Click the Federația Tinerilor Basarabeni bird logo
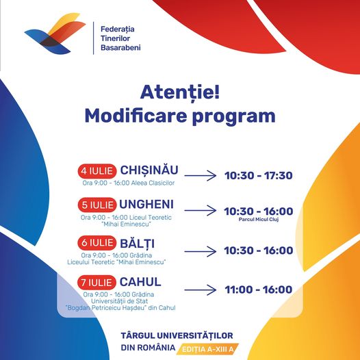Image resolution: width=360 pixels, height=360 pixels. point(55,34)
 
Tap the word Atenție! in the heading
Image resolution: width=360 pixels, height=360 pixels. point(180,93)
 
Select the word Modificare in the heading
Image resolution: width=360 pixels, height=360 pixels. point(136,116)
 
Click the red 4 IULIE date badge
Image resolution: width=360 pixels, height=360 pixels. point(97,171)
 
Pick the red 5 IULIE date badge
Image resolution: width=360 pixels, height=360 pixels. point(97,205)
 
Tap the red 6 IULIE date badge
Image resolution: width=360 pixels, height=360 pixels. point(97,243)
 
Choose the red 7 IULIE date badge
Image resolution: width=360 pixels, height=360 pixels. point(97,283)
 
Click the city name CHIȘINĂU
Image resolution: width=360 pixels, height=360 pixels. point(149,170)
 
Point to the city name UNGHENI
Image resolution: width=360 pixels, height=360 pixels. point(146,205)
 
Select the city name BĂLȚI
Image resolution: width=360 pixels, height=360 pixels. point(137,244)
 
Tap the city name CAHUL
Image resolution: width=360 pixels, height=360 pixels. point(140,282)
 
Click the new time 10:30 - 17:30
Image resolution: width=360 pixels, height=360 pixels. point(259,176)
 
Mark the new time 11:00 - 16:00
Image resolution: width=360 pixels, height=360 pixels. point(259,290)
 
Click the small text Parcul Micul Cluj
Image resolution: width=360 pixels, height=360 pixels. point(259,219)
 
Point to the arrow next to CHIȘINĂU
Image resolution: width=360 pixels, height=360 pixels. point(201,176)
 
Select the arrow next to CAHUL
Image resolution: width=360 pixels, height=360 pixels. point(201,290)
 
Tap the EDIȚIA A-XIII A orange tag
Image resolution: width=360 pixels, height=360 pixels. point(208,349)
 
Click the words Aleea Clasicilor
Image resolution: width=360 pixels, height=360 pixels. point(152,183)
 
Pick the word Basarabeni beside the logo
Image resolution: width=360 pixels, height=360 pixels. point(120,47)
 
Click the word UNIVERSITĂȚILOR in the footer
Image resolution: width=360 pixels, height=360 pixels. point(195,335)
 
